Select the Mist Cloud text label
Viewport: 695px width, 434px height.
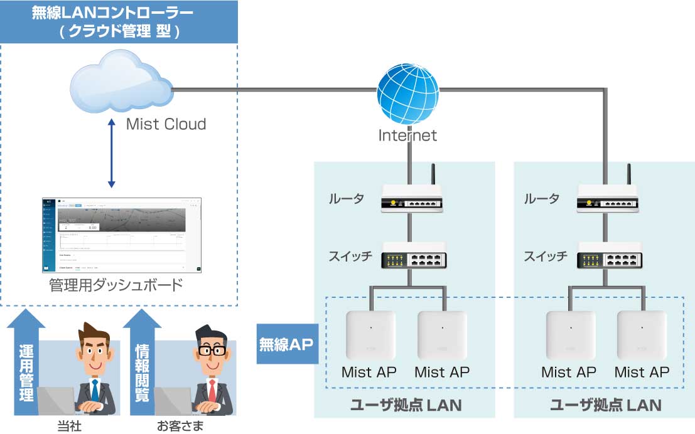[166, 124]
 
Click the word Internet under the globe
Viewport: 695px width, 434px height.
[407, 135]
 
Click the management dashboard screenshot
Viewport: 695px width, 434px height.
[122, 235]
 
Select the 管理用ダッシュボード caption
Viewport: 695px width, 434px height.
[116, 286]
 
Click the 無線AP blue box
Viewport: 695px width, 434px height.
[286, 344]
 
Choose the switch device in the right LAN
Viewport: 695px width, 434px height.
[608, 258]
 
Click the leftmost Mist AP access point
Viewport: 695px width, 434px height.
[370, 335]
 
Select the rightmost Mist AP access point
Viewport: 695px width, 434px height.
[642, 335]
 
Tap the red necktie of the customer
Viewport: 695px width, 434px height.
[212, 390]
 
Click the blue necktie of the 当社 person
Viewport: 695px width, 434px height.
[94, 390]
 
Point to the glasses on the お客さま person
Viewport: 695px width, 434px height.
[211, 350]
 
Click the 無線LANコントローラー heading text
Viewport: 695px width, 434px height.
[119, 13]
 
